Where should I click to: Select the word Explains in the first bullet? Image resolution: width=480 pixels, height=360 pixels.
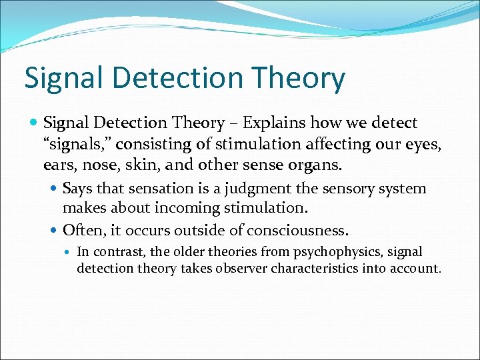[273, 123]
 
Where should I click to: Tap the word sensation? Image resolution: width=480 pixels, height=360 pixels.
[165, 189]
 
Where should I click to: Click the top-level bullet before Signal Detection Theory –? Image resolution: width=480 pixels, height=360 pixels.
[35, 123]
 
